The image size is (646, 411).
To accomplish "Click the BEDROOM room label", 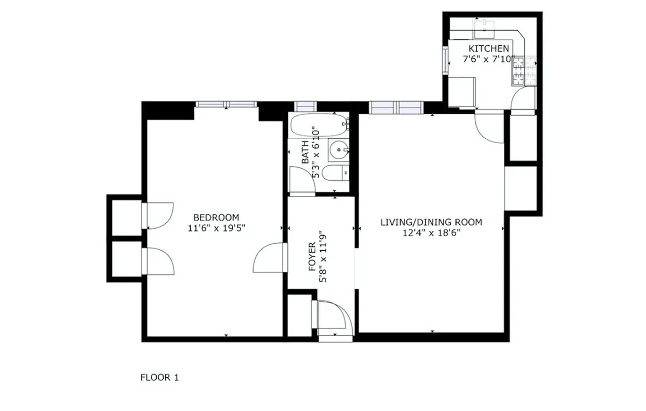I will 215,217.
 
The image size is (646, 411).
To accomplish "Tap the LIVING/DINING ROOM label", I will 431,222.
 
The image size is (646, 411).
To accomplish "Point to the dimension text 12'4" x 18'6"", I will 431,232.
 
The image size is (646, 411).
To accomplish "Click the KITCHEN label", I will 488,49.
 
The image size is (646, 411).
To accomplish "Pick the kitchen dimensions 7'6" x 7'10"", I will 489,59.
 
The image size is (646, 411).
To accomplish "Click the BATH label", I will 305,152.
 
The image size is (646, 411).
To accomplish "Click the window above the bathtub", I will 305,106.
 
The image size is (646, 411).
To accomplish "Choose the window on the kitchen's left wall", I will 446,59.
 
